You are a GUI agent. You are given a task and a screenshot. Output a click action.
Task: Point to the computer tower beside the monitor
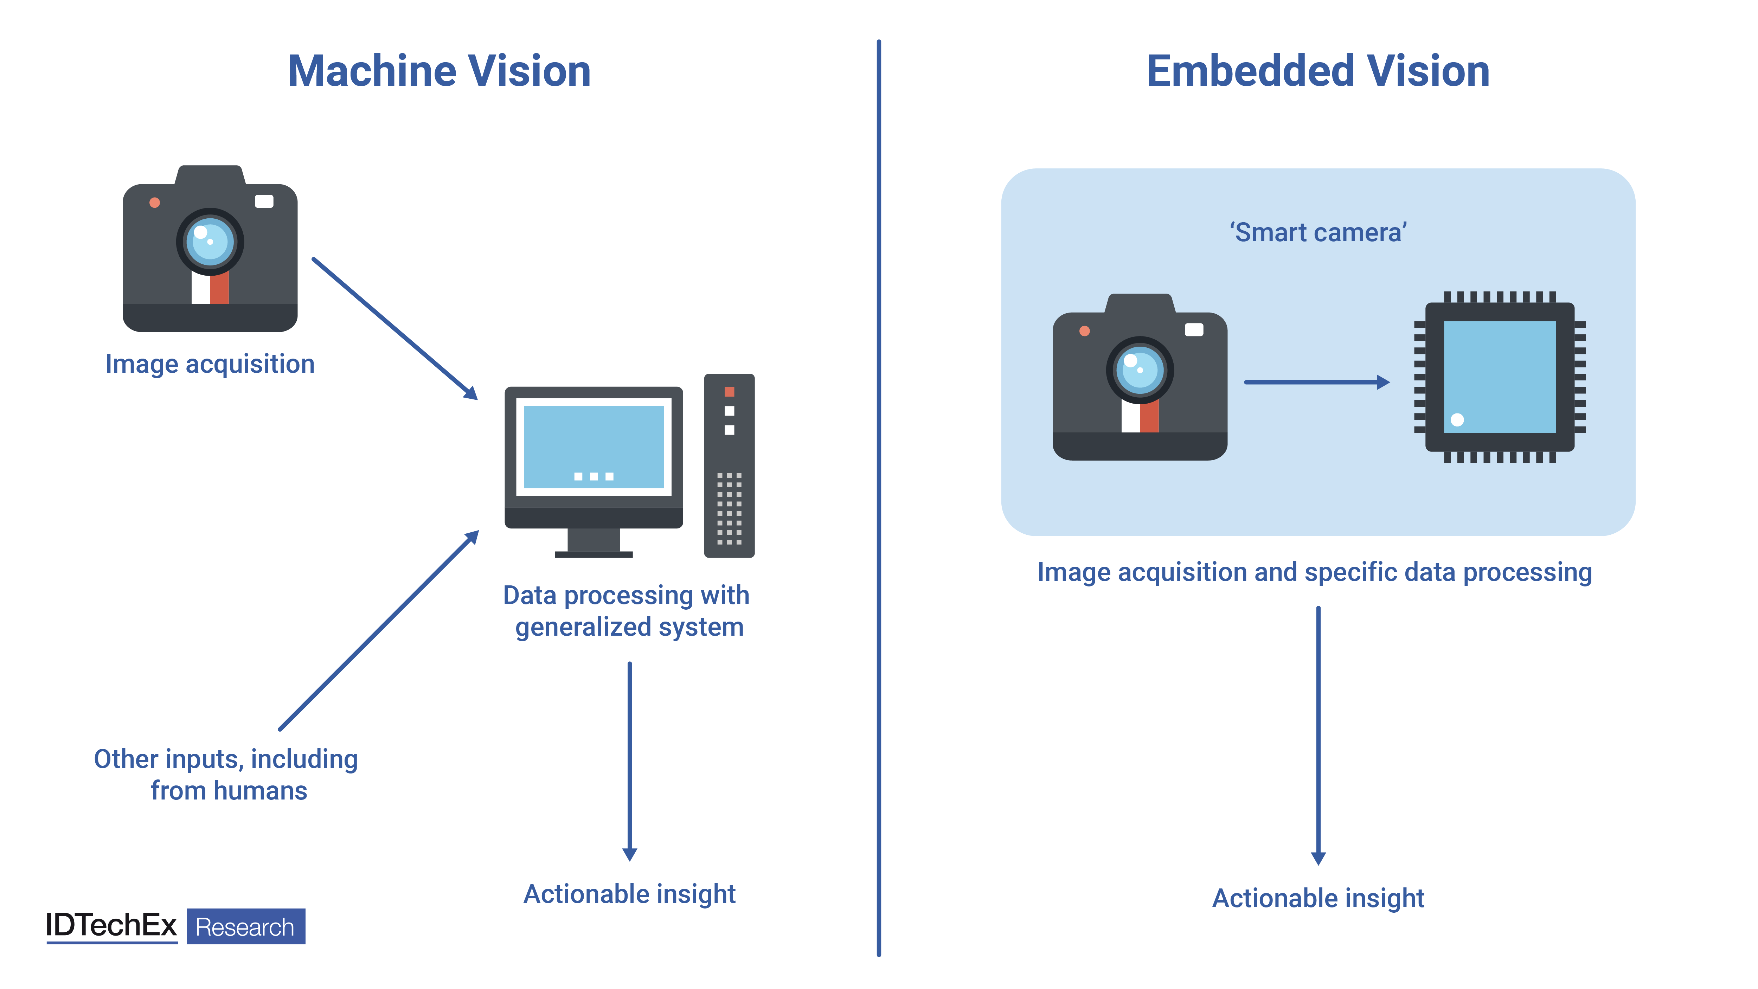pyautogui.click(x=729, y=465)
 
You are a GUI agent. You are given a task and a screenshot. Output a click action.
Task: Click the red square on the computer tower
pyautogui.click(x=729, y=392)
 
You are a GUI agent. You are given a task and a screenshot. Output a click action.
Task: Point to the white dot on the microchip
pyautogui.click(x=1457, y=420)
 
